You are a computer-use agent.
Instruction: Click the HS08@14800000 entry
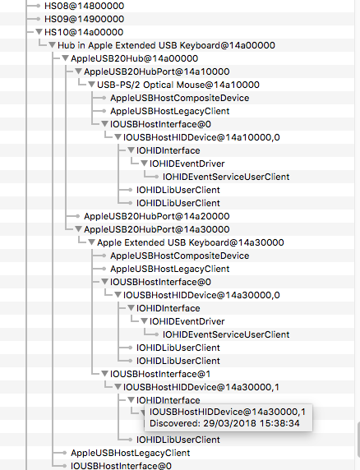pyautogui.click(x=84, y=6)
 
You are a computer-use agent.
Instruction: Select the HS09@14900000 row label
pyautogui.click(x=84, y=19)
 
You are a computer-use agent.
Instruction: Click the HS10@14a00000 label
pyautogui.click(x=84, y=32)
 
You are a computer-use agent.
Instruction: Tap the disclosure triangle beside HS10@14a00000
pyautogui.click(x=39, y=32)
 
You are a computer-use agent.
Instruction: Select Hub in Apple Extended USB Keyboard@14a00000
pyautogui.click(x=166, y=45)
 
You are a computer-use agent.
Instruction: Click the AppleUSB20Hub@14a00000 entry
pyautogui.click(x=134, y=58)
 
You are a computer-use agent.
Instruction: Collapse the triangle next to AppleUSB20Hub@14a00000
pyautogui.click(x=65, y=58)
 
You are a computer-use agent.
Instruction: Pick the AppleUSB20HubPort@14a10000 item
pyautogui.click(x=157, y=71)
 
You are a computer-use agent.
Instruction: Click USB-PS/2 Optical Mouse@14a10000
pyautogui.click(x=178, y=85)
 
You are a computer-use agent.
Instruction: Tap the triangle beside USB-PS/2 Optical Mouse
pyautogui.click(x=91, y=85)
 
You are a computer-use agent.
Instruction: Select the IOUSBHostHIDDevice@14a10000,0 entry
pyautogui.click(x=201, y=137)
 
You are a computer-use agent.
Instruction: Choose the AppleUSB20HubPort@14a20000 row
pyautogui.click(x=157, y=216)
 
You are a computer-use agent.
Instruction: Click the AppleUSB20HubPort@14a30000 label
pyautogui.click(x=157, y=229)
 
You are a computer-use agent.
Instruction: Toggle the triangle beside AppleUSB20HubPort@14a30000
pyautogui.click(x=78, y=229)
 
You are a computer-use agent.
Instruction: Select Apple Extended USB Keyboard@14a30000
pyautogui.click(x=191, y=242)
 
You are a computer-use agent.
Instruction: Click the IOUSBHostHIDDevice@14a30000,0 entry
pyautogui.click(x=201, y=295)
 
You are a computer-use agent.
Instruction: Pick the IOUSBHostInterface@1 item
pyautogui.click(x=160, y=374)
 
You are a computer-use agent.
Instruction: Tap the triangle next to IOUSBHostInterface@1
pyautogui.click(x=104, y=374)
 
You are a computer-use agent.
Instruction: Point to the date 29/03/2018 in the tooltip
pyautogui.click(x=229, y=423)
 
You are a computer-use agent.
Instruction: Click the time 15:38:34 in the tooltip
pyautogui.click(x=279, y=423)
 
